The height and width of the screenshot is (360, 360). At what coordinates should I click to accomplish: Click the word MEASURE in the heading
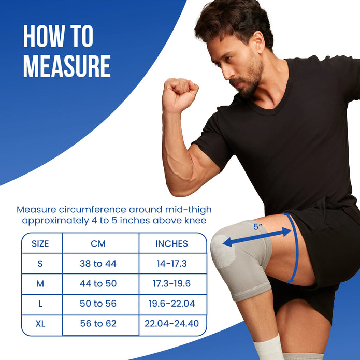coord(67,66)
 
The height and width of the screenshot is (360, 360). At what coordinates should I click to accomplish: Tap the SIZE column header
coord(40,243)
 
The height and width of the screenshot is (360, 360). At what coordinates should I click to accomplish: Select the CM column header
coord(98,243)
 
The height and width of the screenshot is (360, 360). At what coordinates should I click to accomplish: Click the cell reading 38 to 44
coord(98,264)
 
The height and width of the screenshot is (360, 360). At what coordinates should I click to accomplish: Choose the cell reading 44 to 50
coord(98,284)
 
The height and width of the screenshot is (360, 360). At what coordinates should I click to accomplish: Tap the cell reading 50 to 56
coord(98,304)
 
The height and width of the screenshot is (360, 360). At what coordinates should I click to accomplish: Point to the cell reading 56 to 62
coord(98,324)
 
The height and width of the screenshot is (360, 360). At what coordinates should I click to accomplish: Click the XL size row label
coord(40,324)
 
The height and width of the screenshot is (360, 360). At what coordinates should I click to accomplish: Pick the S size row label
coord(40,264)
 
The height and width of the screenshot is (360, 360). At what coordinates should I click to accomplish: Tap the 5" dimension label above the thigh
coord(257,226)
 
